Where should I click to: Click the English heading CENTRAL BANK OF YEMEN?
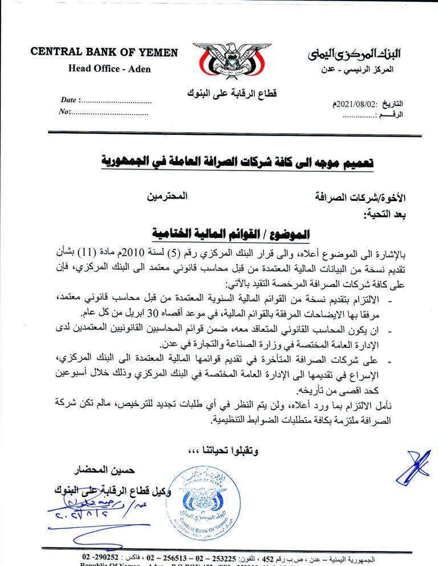pyautogui.click(x=104, y=53)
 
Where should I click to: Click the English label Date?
pyautogui.click(x=68, y=100)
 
